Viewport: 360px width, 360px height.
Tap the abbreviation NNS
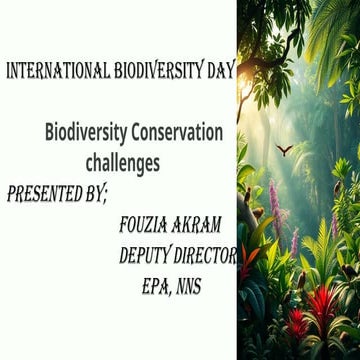(x=187, y=287)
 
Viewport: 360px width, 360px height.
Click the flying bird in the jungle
(x=284, y=149)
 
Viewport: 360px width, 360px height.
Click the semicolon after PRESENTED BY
(x=105, y=194)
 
